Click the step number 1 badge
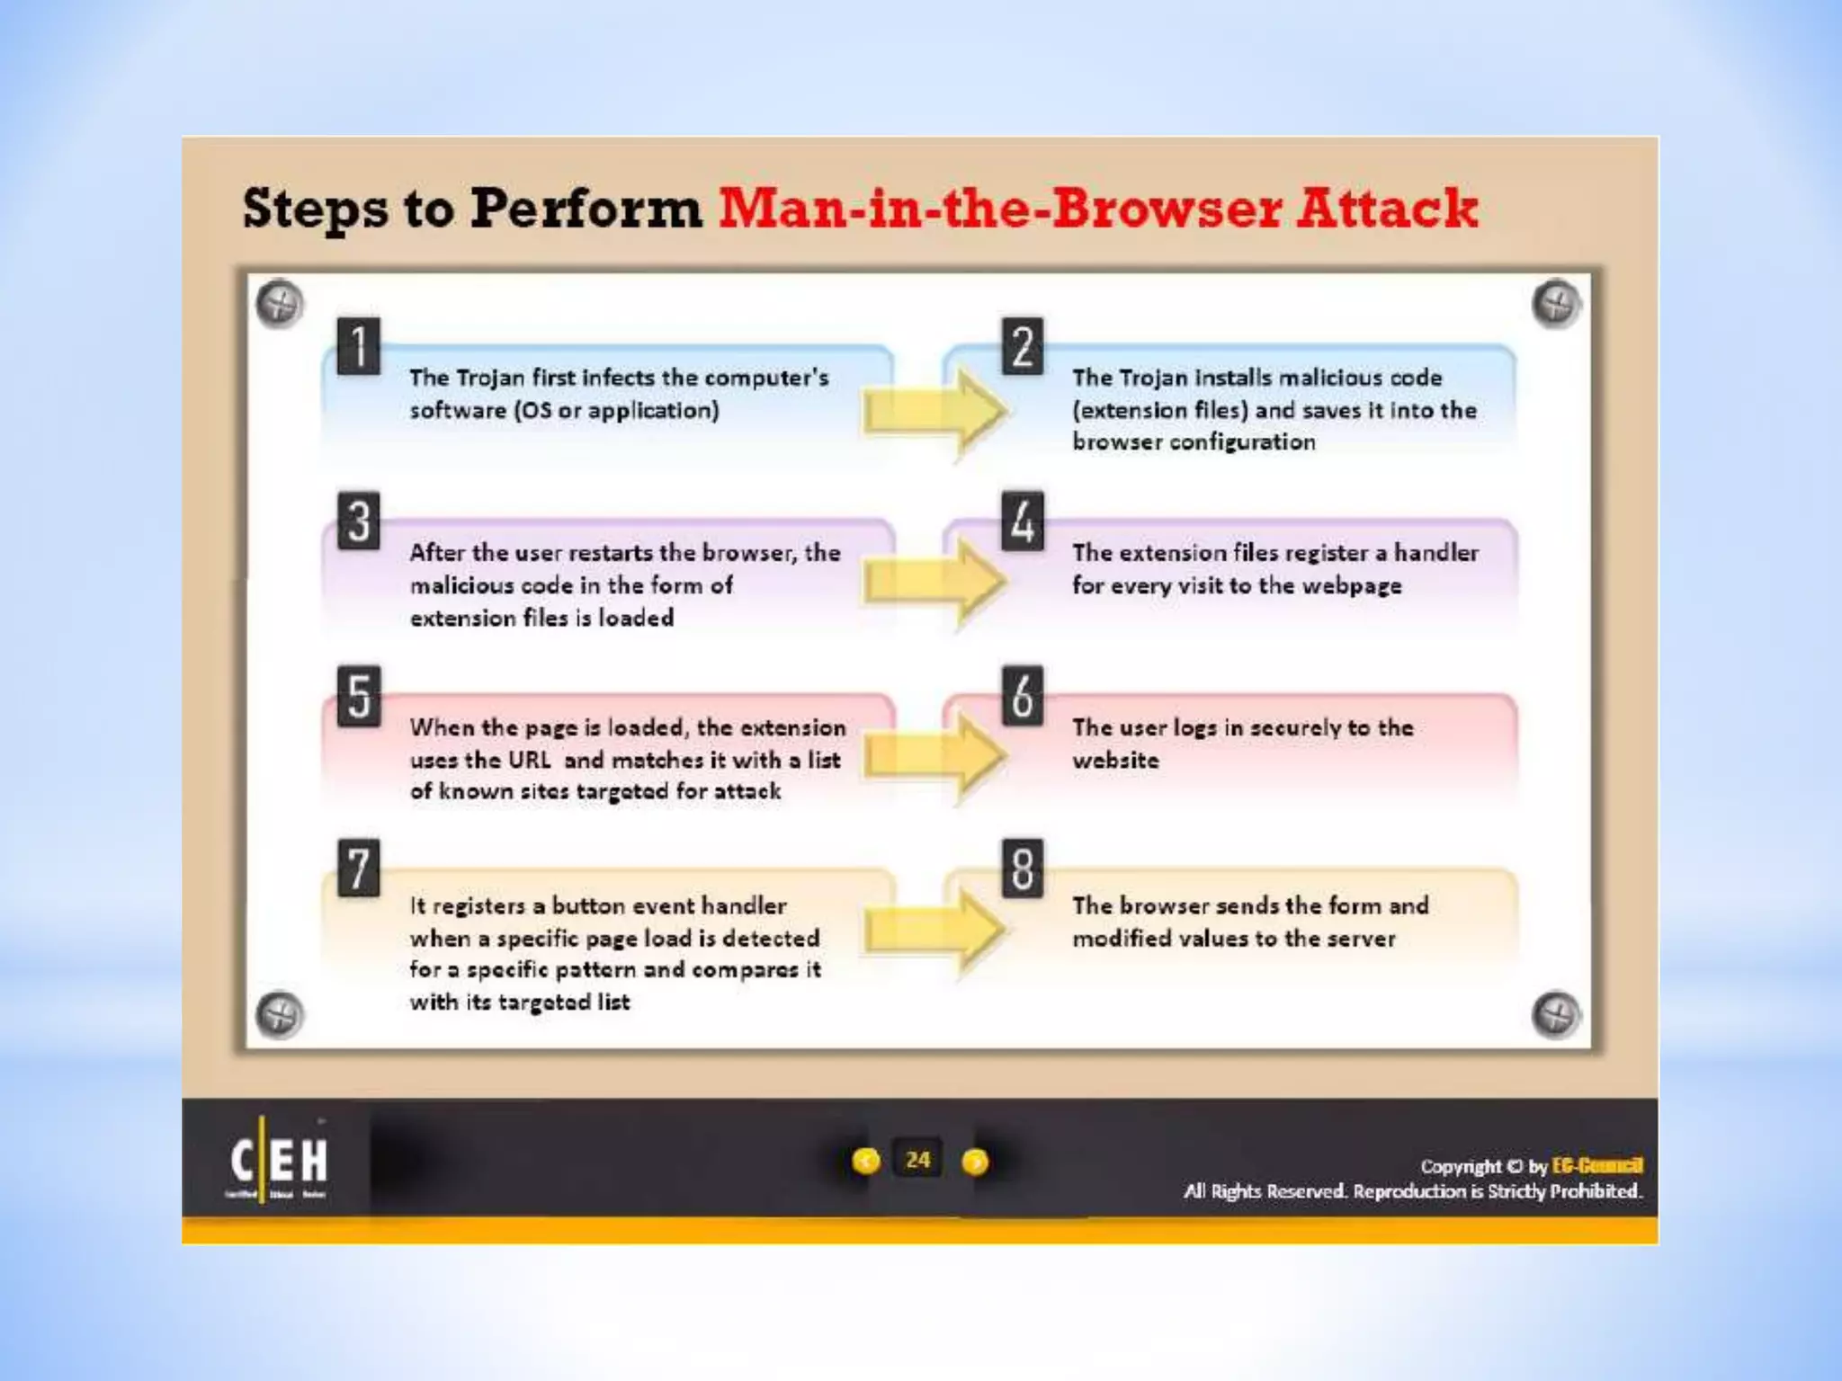pyautogui.click(x=358, y=345)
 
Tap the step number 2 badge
pyautogui.click(x=1023, y=345)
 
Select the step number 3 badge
pyautogui.click(x=358, y=520)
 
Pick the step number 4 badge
pyautogui.click(x=1023, y=520)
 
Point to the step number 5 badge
pyautogui.click(x=358, y=695)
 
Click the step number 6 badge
pyautogui.click(x=1023, y=695)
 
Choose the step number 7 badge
pyautogui.click(x=358, y=868)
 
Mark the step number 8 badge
pyautogui.click(x=1023, y=868)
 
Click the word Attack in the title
pyautogui.click(x=1386, y=209)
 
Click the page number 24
pyautogui.click(x=918, y=1160)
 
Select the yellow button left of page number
pyautogui.click(x=865, y=1162)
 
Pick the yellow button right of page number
pyautogui.click(x=975, y=1163)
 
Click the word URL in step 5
pyautogui.click(x=530, y=760)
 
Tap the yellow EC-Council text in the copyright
pyautogui.click(x=1597, y=1166)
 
